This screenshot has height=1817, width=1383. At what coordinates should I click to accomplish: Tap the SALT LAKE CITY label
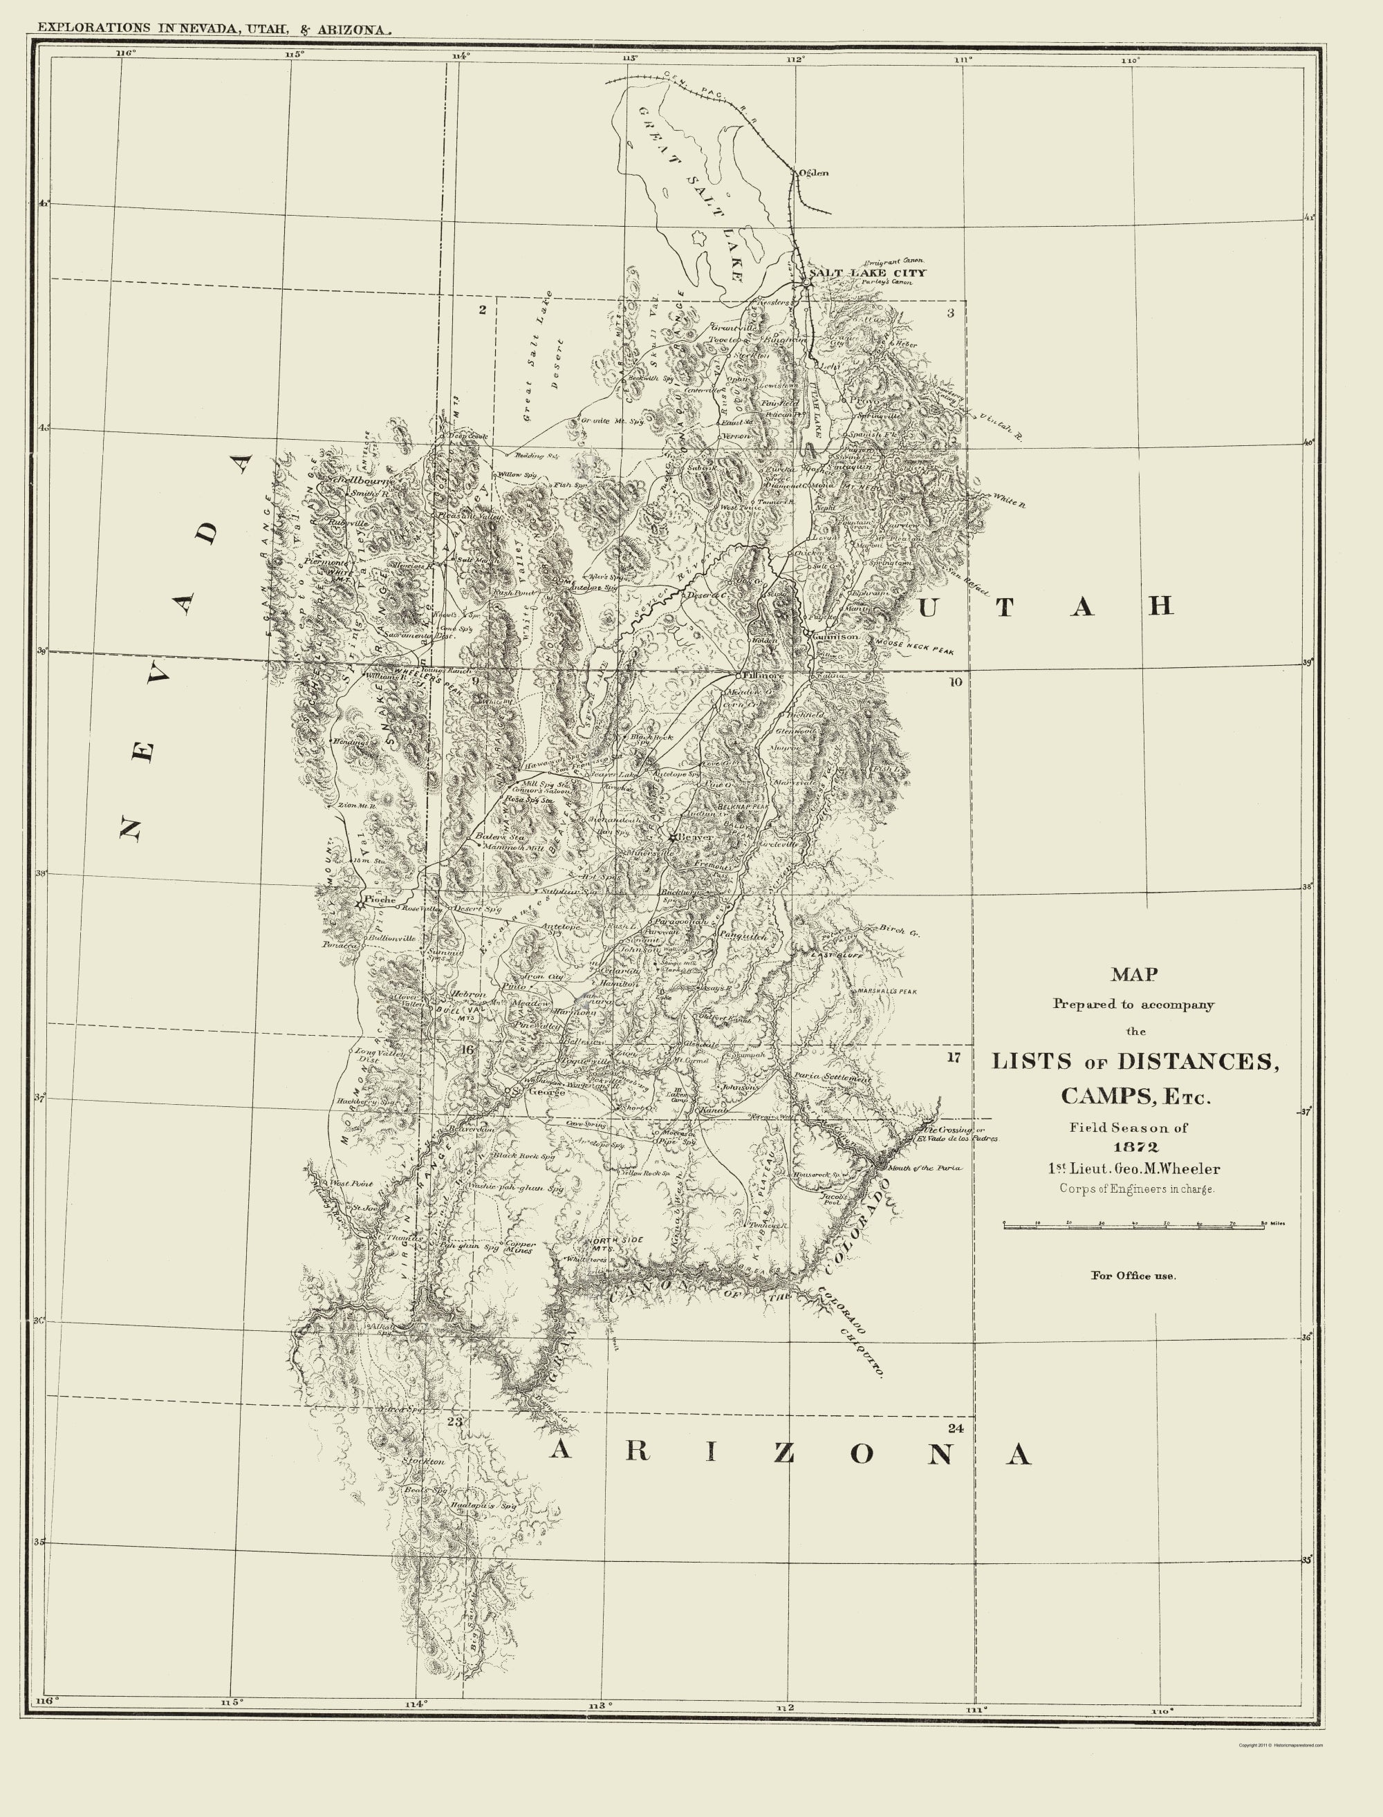point(868,272)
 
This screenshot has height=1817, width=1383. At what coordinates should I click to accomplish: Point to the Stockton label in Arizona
point(423,1461)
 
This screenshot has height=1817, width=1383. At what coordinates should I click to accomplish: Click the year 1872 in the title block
point(1136,1146)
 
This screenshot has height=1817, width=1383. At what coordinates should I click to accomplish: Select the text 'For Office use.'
point(1133,1276)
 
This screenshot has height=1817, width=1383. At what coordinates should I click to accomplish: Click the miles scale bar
point(1133,1226)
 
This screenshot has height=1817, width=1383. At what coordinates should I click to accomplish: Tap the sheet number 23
point(455,1420)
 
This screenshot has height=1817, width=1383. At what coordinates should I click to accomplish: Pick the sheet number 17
point(954,1057)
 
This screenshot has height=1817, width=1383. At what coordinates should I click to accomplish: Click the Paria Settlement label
point(833,1077)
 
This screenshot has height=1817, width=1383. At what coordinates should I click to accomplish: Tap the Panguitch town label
point(743,935)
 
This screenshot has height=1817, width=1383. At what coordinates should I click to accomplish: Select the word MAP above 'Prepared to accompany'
point(1133,974)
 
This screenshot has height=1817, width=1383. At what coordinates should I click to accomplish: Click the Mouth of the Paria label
point(924,1167)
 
